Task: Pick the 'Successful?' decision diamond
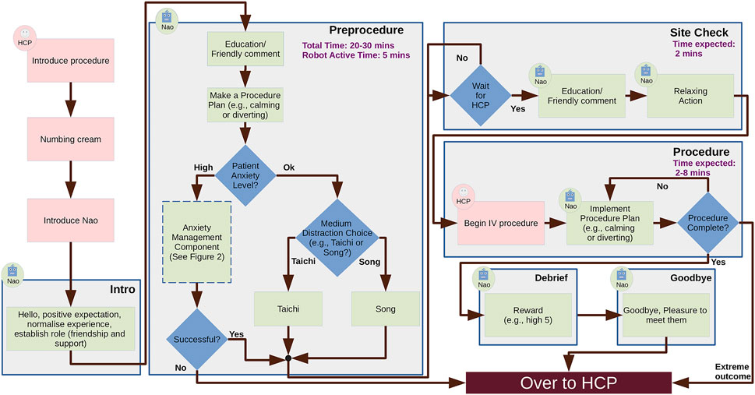(196, 340)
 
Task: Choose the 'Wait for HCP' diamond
(480, 98)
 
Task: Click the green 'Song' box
(386, 309)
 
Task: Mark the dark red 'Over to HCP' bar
(568, 383)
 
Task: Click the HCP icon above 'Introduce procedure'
(25, 37)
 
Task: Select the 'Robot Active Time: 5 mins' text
(355, 56)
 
